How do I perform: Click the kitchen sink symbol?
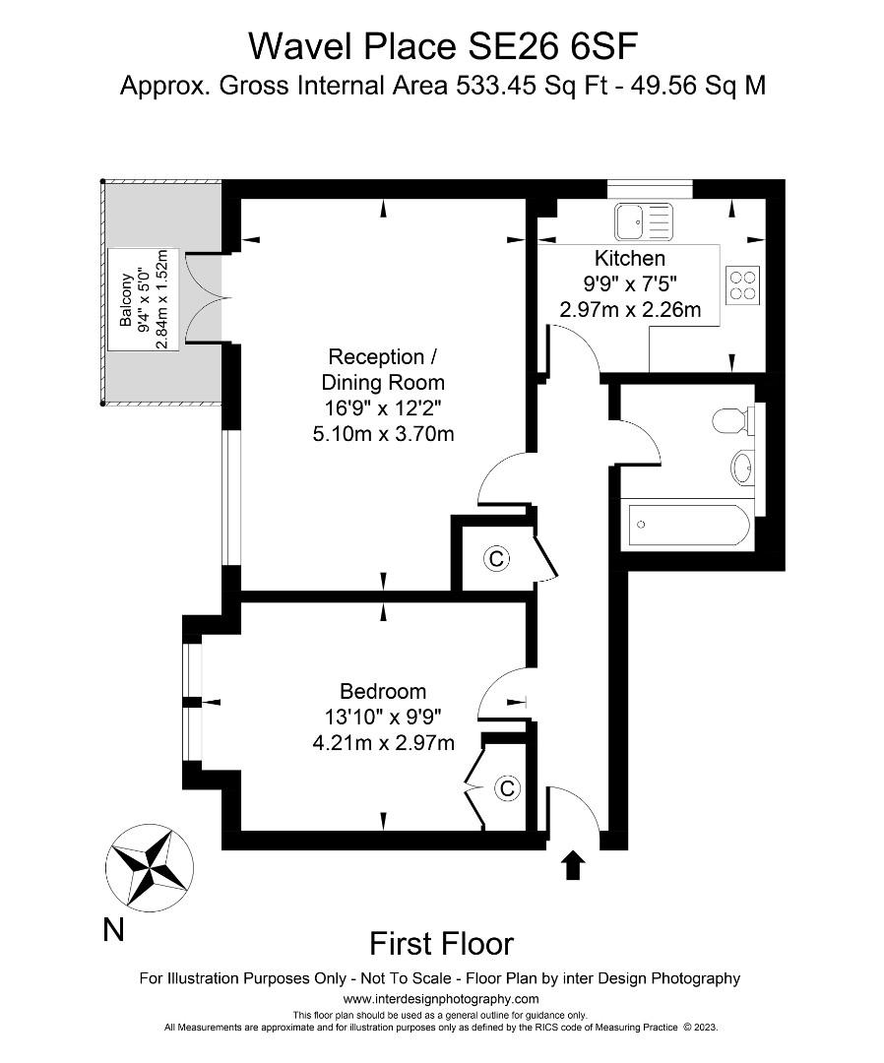[x=643, y=221]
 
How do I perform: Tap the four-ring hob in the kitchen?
[x=744, y=284]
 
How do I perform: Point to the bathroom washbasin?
[x=743, y=465]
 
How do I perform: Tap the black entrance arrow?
[x=573, y=866]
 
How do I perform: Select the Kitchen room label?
[x=629, y=259]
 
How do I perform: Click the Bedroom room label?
[x=383, y=691]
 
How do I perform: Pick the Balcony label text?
[x=126, y=301]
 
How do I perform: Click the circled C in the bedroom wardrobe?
[x=507, y=788]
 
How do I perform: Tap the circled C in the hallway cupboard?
[x=496, y=559]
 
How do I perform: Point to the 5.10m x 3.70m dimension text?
[x=383, y=433]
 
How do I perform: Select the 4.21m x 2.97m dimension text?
[x=383, y=742]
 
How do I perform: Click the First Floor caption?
[x=441, y=944]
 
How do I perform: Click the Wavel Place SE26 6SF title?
[x=441, y=45]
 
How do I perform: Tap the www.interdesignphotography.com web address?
[x=441, y=998]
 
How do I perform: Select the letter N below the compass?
[x=113, y=929]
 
